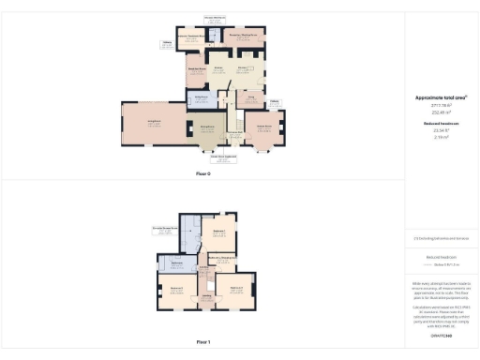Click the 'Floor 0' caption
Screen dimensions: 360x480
click(203, 173)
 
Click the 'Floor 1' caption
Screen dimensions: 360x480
click(203, 342)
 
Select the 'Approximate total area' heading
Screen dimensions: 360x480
click(441, 97)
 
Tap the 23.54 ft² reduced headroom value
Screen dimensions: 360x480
click(441, 131)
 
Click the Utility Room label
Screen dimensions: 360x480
click(200, 97)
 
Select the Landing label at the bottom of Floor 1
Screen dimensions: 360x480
click(208, 300)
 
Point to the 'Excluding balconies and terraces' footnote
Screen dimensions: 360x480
click(441, 238)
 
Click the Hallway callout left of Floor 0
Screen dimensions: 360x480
click(166, 43)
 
